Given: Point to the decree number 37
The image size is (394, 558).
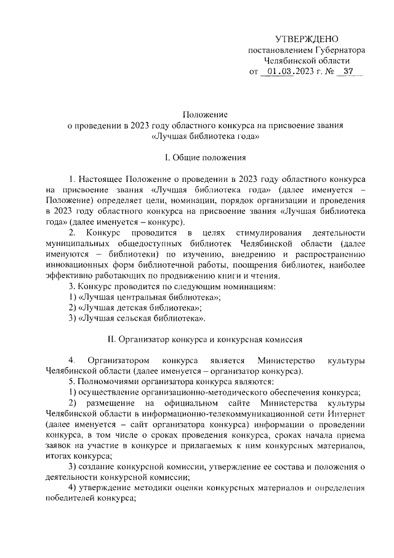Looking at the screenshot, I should [348, 72].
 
